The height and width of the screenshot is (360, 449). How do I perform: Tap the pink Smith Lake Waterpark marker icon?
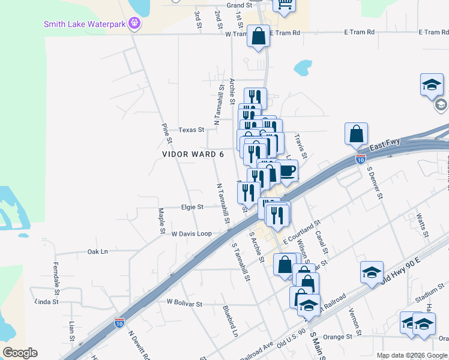click(134, 24)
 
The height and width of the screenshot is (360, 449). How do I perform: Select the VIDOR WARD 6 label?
click(193, 154)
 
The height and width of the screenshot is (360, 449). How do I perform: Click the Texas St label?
click(191, 129)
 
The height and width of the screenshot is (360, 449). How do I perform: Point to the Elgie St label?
click(193, 207)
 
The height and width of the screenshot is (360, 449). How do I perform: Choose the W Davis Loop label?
click(191, 233)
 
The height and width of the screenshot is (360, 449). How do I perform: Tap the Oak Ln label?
click(97, 252)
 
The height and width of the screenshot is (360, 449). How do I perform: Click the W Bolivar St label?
click(184, 304)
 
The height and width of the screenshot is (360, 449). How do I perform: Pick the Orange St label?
click(337, 337)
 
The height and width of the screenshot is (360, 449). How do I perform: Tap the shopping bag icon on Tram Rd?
click(258, 37)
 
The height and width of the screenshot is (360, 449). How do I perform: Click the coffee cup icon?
click(288, 171)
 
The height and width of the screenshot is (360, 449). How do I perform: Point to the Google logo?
click(20, 353)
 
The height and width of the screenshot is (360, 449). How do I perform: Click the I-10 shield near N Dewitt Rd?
click(119, 322)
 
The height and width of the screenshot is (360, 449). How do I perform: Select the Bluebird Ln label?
click(231, 321)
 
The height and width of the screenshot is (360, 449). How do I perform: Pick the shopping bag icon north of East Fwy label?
click(356, 134)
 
